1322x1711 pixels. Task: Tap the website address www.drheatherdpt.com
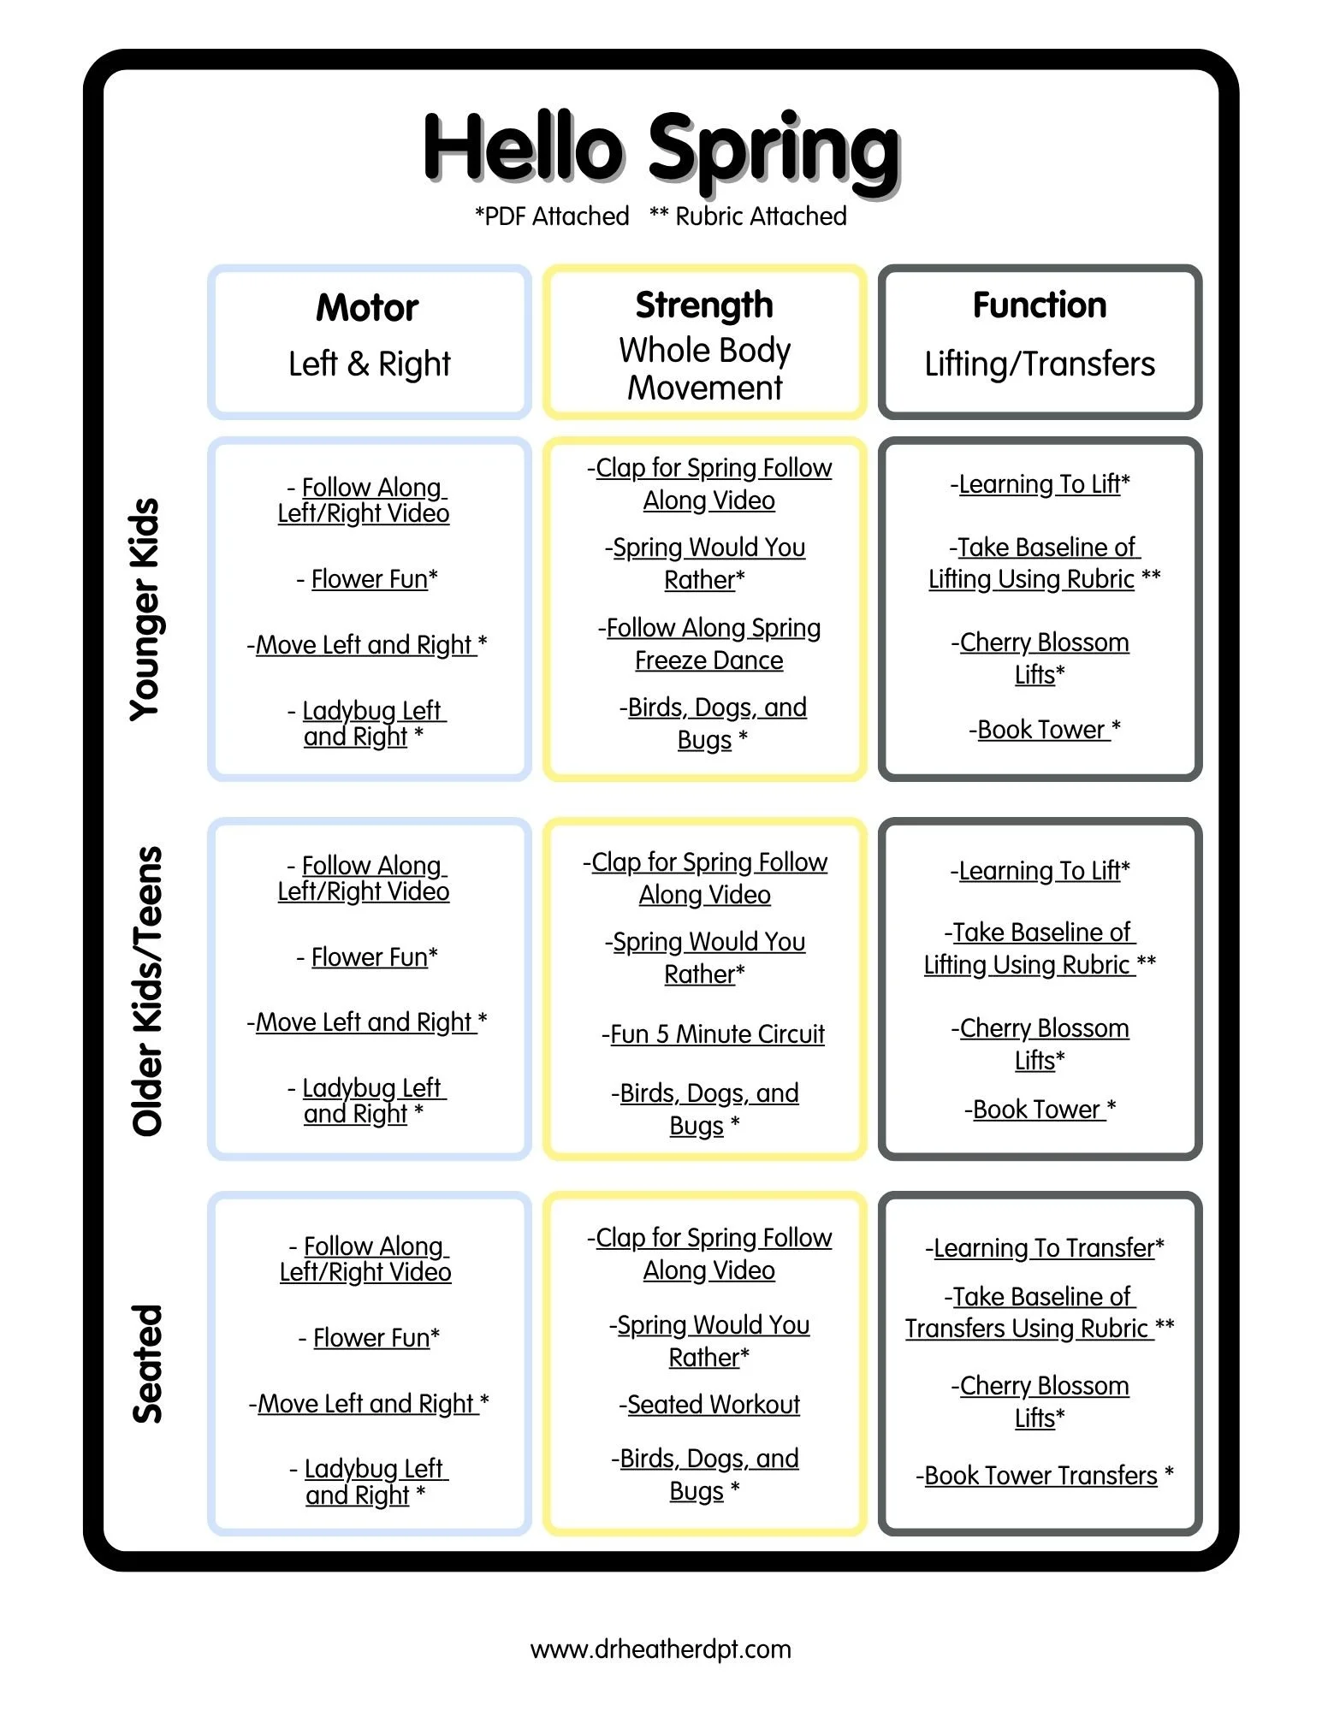pyautogui.click(x=661, y=1649)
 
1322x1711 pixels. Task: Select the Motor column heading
pyautogui.click(x=368, y=308)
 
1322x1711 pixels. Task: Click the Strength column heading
pyautogui.click(x=704, y=305)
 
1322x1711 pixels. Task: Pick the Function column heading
pyautogui.click(x=1040, y=305)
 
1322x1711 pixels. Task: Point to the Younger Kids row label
pyautogui.click(x=146, y=609)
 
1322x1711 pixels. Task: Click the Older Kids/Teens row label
pyautogui.click(x=146, y=991)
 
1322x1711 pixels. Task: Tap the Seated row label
pyautogui.click(x=146, y=1364)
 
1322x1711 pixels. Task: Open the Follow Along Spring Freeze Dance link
pyautogui.click(x=709, y=644)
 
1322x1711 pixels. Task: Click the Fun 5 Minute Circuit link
pyautogui.click(x=714, y=1034)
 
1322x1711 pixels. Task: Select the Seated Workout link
pyautogui.click(x=709, y=1405)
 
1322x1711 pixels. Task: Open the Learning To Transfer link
pyautogui.click(x=1044, y=1248)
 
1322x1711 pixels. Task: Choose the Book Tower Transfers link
pyautogui.click(x=1044, y=1476)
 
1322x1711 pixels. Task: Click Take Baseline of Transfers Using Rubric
pyautogui.click(x=1040, y=1312)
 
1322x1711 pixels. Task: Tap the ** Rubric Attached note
pyautogui.click(x=748, y=216)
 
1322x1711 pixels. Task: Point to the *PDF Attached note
pyautogui.click(x=552, y=216)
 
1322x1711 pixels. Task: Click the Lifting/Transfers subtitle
pyautogui.click(x=1040, y=364)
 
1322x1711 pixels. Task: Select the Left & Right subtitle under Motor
pyautogui.click(x=369, y=364)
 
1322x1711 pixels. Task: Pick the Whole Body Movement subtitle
pyautogui.click(x=704, y=369)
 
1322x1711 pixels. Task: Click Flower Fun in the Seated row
pyautogui.click(x=369, y=1338)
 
